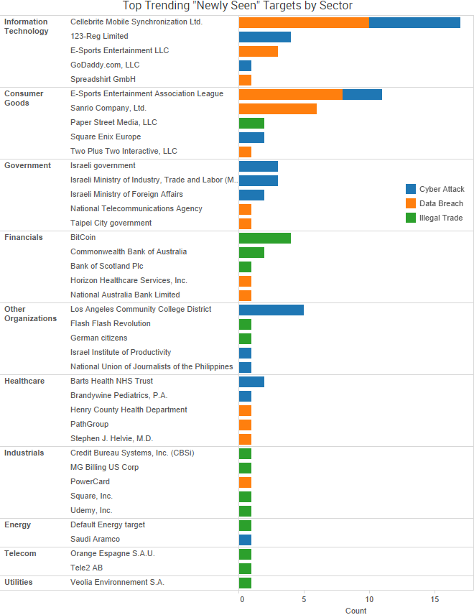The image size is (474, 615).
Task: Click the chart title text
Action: point(237,6)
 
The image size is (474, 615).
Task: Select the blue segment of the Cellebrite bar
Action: point(414,22)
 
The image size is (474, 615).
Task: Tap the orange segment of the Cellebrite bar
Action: point(304,22)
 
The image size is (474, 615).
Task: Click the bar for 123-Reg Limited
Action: point(264,37)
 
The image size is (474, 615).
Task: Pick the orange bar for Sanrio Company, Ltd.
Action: point(277,108)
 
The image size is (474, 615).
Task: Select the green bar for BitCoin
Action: point(264,238)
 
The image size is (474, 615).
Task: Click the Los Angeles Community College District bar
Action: point(271,310)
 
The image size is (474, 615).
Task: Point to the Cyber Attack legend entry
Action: point(434,190)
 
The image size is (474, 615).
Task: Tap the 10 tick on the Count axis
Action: point(369,598)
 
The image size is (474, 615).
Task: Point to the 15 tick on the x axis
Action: point(434,598)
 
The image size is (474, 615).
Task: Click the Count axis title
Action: point(355,611)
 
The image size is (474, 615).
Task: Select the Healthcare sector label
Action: point(24,381)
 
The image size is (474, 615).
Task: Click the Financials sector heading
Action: point(24,237)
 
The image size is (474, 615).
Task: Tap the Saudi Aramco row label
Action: point(95,539)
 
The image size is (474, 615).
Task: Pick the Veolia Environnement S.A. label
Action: point(117,582)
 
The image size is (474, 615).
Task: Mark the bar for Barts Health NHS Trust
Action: point(251,382)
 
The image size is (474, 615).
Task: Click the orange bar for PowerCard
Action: point(245,482)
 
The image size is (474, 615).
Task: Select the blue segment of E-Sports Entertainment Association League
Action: point(362,94)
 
